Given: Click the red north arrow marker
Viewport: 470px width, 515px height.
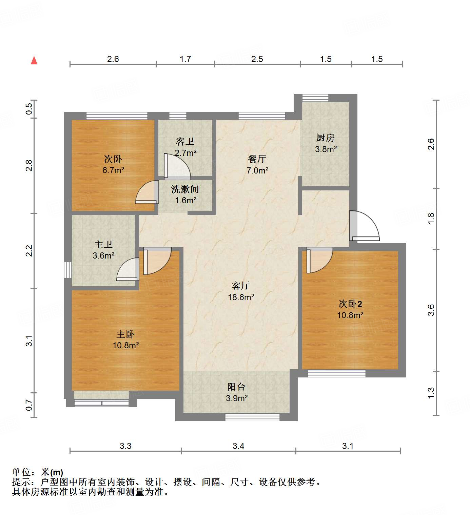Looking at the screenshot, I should (34, 60).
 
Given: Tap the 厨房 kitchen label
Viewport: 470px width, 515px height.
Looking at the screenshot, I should (325, 138).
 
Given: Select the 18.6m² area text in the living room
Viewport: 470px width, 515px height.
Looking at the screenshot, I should (241, 297).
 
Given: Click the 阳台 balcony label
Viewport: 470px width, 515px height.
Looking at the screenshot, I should (236, 387).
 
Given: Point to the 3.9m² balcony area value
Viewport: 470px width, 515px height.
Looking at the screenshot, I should (237, 398).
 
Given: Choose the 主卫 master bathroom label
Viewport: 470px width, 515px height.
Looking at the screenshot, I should (103, 244).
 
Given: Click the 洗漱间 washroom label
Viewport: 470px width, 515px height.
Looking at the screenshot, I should (185, 189).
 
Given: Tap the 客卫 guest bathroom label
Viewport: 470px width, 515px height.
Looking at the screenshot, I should (185, 141).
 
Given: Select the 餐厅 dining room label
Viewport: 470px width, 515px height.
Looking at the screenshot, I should (257, 159).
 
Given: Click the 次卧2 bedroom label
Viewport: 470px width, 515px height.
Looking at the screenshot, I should (350, 304).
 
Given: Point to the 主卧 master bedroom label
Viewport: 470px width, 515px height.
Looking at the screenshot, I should (125, 334).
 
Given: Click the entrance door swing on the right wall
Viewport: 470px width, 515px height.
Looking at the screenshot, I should (365, 226).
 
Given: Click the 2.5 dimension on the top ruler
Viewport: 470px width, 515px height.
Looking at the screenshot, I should (257, 59).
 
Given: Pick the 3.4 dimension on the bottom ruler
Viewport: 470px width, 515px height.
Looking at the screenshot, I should (238, 446).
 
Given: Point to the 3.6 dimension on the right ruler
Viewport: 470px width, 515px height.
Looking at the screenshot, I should (431, 310).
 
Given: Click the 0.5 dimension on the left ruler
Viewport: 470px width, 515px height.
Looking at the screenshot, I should (29, 109).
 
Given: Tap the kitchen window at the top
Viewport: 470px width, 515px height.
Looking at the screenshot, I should (315, 98).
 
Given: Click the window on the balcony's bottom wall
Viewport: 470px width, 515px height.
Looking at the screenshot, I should (252, 417).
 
